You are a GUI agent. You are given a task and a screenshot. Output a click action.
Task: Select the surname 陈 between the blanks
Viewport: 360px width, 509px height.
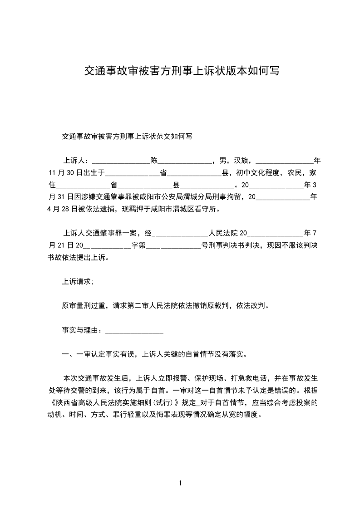154,161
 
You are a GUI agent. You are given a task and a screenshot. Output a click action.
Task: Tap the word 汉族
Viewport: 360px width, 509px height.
242,161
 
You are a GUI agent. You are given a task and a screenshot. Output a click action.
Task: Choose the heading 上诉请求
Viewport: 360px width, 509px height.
77,282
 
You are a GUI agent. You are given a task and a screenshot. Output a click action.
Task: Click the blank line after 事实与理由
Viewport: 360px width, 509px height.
134,331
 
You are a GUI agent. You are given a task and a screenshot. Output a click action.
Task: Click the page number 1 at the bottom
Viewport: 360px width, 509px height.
180,483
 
